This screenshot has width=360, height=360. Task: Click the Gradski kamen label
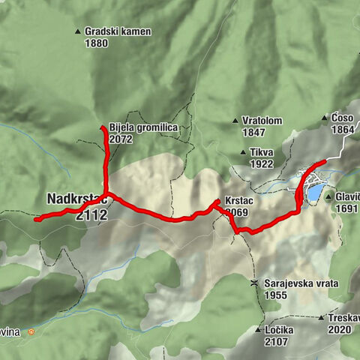click(118, 32)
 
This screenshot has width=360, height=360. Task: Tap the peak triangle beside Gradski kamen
click(78, 31)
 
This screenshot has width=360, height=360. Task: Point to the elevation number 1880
click(96, 43)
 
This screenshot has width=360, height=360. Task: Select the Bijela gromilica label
click(142, 128)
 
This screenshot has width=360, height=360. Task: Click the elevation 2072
click(120, 139)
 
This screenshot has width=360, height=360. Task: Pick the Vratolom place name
click(262, 120)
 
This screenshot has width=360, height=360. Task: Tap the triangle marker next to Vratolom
click(235, 120)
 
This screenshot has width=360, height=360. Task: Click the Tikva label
click(262, 152)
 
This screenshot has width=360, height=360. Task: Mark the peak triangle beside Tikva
click(242, 152)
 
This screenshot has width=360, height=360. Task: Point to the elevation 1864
click(342, 130)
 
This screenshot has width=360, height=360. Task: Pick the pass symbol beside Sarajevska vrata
click(255, 283)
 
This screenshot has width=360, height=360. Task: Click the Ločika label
click(279, 330)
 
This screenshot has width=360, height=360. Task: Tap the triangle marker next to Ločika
click(257, 330)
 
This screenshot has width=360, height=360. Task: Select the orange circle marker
click(31, 331)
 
